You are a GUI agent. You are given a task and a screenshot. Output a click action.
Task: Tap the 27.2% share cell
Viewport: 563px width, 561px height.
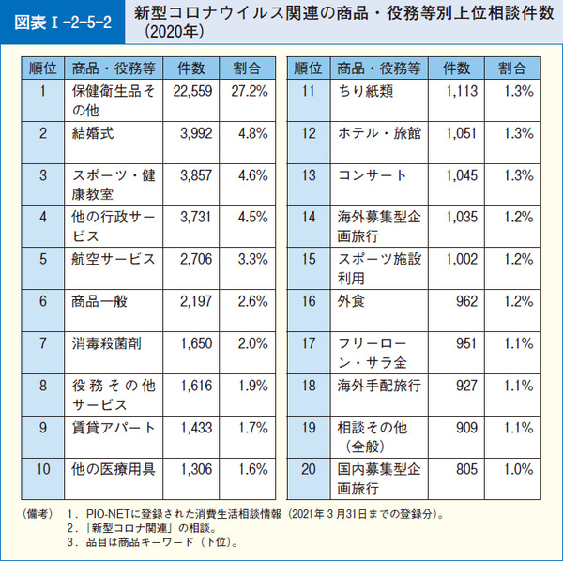(251, 91)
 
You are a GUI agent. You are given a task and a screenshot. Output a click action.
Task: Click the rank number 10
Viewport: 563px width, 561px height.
(43, 469)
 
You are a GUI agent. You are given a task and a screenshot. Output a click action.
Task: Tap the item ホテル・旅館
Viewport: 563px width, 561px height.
(379, 133)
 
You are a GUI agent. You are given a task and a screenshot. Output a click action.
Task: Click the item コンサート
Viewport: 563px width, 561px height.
(373, 175)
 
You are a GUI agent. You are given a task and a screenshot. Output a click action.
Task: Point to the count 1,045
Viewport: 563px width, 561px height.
(462, 175)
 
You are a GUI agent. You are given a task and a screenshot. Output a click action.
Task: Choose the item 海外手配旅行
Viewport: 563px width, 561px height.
(379, 386)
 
